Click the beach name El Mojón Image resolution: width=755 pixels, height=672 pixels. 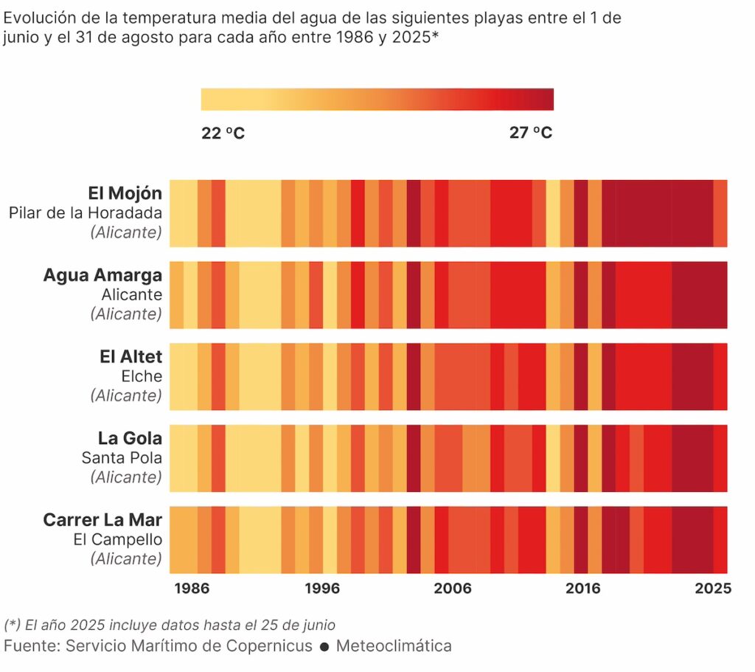point(125,193)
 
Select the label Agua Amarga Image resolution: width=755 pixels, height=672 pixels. point(102,275)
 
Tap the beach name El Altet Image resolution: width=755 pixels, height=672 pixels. point(131,357)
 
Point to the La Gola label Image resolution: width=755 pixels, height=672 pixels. point(130,438)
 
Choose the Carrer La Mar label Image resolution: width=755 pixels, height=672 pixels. point(102,519)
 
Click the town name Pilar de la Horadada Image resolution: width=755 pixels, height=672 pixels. point(86,213)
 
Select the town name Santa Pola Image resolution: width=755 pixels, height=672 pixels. point(122,457)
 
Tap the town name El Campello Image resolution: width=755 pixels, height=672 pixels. point(118,539)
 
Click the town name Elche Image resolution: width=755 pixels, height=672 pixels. point(142,376)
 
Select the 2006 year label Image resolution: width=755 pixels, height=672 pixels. point(452,589)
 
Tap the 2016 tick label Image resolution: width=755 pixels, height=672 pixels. point(582,589)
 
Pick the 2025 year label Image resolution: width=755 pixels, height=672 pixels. point(713,589)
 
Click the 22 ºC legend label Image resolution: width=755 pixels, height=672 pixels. point(223,133)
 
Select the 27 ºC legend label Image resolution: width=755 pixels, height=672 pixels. point(531,133)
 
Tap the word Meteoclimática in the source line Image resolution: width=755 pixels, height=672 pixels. point(394,646)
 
